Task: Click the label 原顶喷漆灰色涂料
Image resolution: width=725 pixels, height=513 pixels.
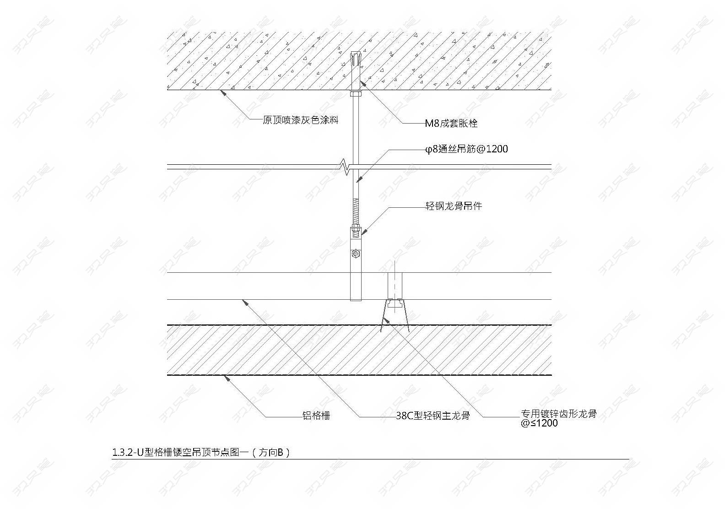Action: click(x=300, y=120)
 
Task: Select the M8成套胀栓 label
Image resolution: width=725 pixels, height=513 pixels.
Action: click(x=451, y=123)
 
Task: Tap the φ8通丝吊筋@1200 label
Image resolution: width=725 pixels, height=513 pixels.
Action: click(x=466, y=149)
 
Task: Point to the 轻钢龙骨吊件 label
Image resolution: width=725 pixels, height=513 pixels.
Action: click(x=454, y=206)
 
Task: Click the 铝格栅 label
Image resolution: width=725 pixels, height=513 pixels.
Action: click(x=316, y=416)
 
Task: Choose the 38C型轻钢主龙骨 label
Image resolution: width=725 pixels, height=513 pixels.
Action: click(x=433, y=416)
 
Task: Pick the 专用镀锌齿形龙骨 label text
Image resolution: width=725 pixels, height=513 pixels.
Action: click(x=559, y=414)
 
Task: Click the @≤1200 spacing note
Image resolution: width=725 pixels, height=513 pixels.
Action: click(x=539, y=423)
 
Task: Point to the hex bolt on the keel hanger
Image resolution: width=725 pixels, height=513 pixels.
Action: click(x=356, y=254)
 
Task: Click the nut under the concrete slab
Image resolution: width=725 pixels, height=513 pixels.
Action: click(x=356, y=94)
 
